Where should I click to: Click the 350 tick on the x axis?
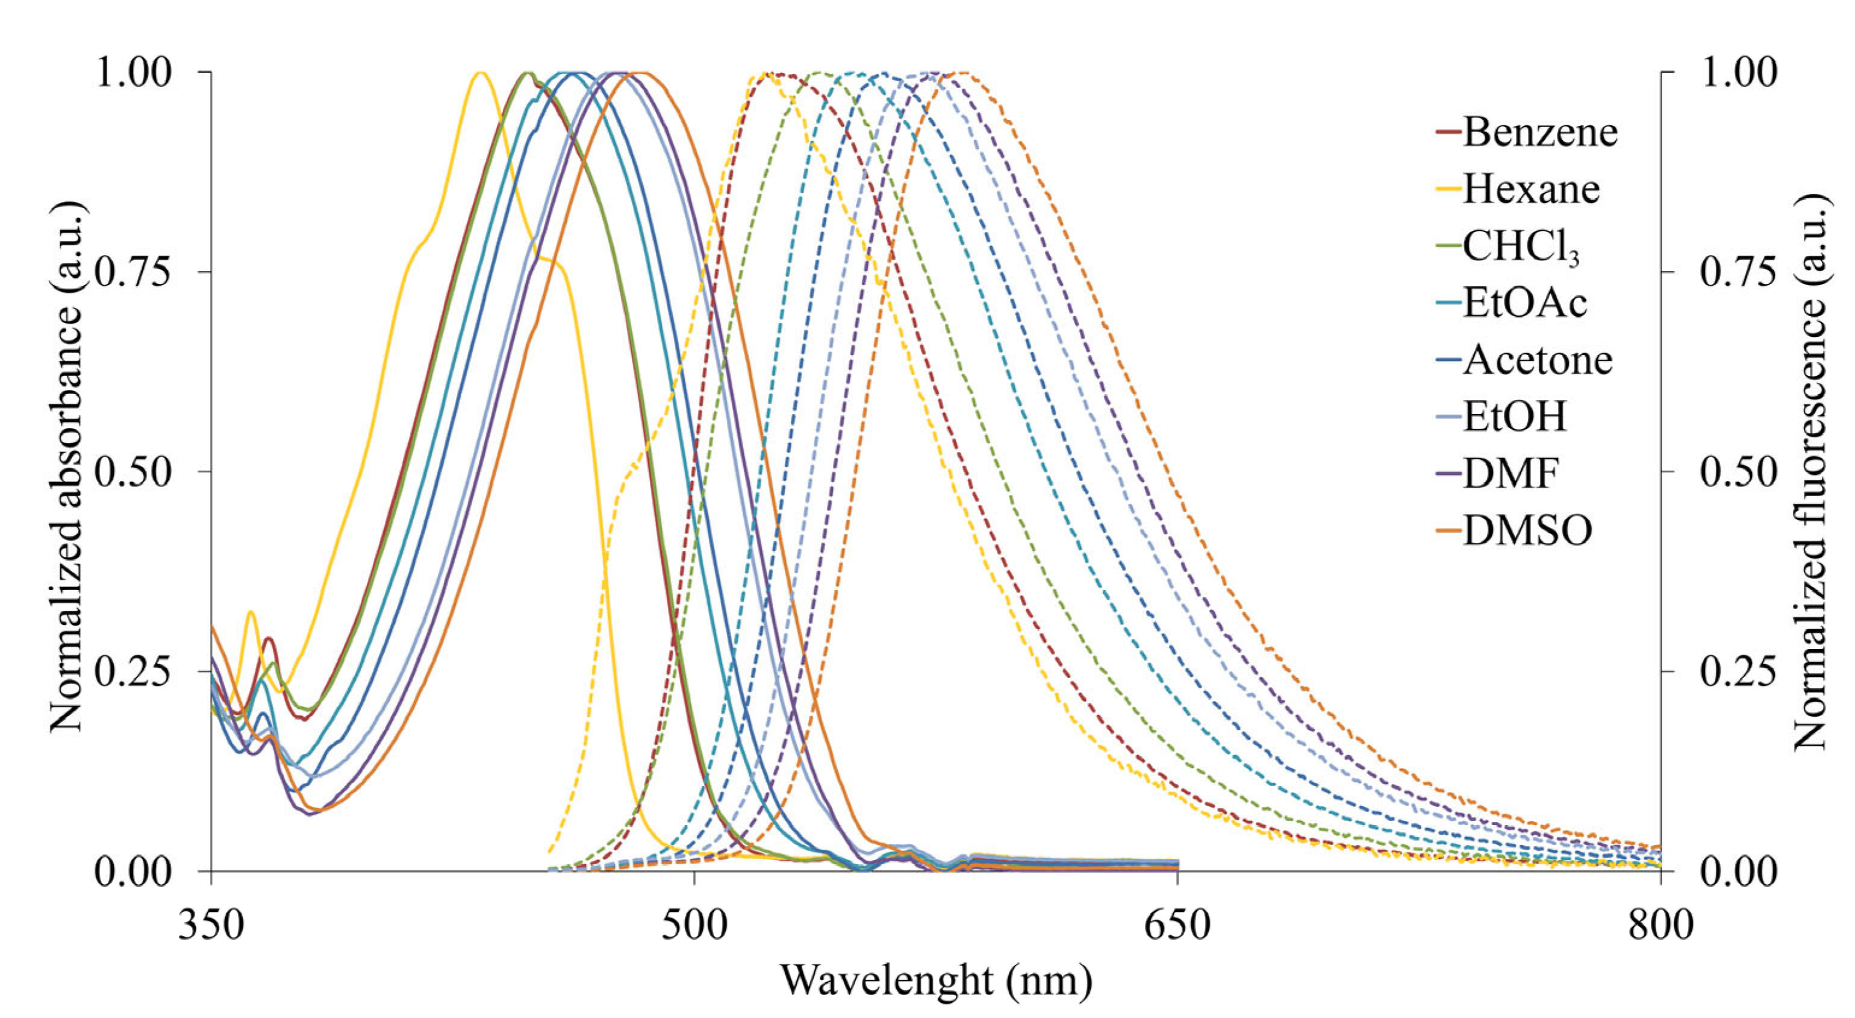point(211,925)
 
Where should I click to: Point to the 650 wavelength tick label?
point(1177,925)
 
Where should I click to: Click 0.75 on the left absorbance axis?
point(134,272)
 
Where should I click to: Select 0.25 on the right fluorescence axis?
point(1738,671)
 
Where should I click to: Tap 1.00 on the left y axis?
point(134,72)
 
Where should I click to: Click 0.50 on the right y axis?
point(1738,472)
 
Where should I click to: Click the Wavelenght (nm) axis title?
point(936,981)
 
